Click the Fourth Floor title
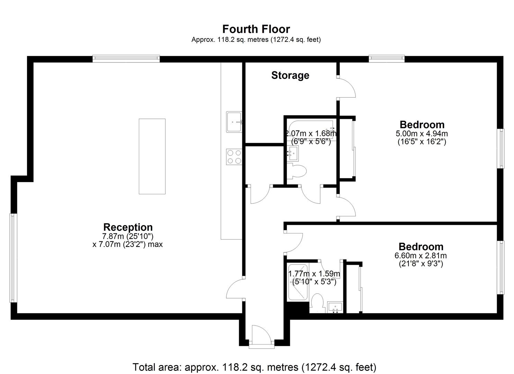(256, 29)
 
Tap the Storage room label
(290, 75)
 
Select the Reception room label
(128, 227)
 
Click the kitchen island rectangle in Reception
(152, 156)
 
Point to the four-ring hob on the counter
(234, 157)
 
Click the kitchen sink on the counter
(234, 122)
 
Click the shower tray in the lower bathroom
(298, 282)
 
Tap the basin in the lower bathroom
(335, 307)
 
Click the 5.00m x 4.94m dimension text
(422, 134)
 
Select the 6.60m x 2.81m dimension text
(421, 256)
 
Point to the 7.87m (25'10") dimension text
(128, 236)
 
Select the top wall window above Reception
(126, 59)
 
